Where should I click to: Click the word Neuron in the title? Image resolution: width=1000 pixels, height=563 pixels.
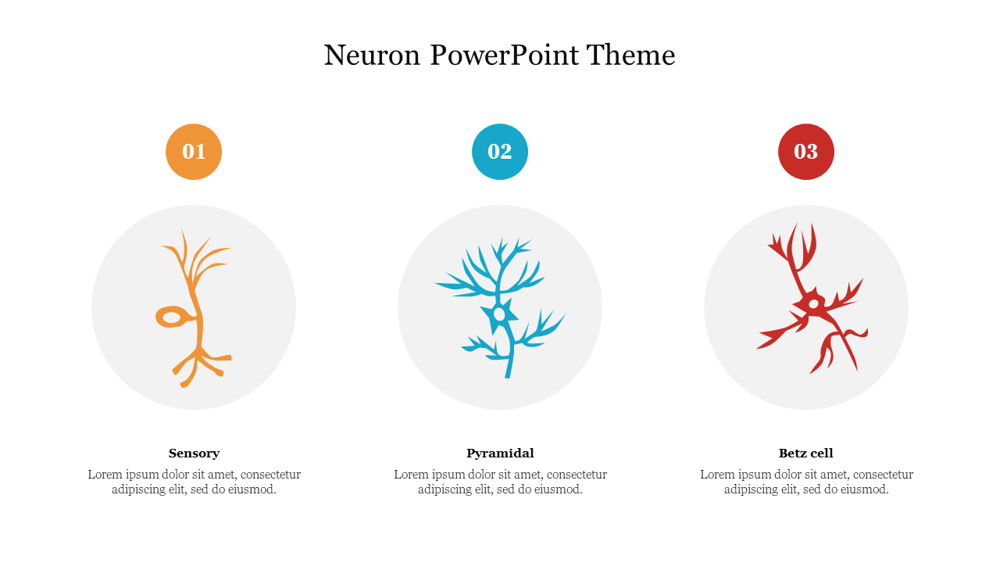point(372,56)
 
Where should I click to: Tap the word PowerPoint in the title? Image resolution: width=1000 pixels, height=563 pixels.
point(505,56)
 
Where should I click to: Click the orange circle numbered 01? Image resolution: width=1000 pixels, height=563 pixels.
point(194,152)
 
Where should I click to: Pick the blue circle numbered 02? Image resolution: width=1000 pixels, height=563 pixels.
point(500,152)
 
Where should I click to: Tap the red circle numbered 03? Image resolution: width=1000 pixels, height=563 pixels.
point(806,152)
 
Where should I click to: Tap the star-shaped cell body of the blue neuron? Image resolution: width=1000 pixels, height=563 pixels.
point(499,314)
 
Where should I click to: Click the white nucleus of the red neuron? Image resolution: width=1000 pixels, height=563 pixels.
point(814,304)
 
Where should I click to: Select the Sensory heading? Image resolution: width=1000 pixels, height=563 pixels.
point(195,454)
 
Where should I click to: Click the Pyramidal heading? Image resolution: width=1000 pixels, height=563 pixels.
point(500,454)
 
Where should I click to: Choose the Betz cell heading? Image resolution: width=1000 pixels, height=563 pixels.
point(806,454)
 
